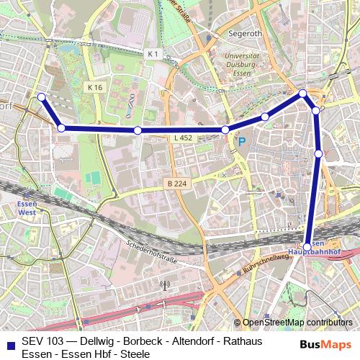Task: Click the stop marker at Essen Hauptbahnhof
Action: pos(307,247)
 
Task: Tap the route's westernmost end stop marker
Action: pos(41,96)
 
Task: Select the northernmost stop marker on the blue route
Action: pos(303,94)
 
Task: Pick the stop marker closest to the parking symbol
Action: pos(225,130)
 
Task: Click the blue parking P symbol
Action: pos(242,142)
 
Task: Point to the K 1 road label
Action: pos(152,54)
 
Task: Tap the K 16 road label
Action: pos(95,86)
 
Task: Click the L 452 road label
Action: pos(183,137)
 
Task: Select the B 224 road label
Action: pos(175,184)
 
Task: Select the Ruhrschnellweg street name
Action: pos(266,265)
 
